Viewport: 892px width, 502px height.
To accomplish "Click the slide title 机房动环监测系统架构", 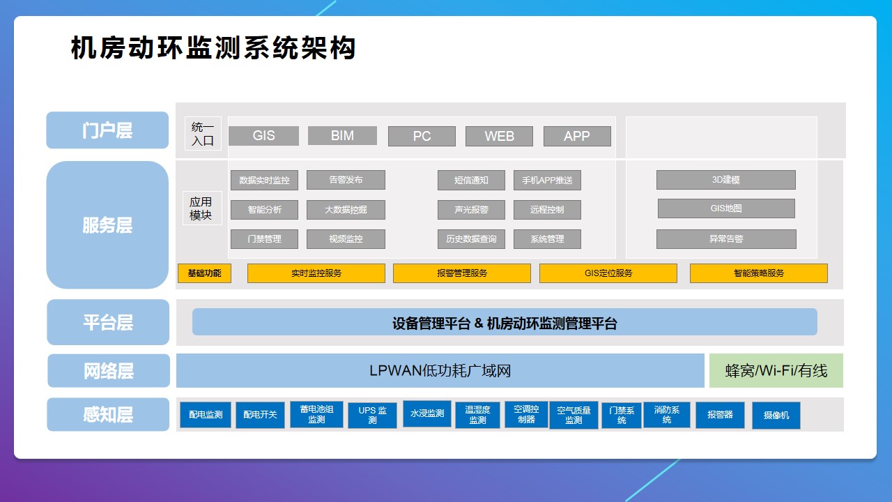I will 213,48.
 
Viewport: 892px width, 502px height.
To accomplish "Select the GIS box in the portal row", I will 263,136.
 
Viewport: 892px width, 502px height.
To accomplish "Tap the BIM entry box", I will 342,136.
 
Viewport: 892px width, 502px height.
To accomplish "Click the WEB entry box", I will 499,137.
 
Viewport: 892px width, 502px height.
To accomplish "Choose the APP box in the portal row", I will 577,137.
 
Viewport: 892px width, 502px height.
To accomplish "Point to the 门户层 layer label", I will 107,130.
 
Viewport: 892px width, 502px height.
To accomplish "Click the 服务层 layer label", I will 107,225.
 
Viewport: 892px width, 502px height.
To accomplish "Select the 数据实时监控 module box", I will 264,180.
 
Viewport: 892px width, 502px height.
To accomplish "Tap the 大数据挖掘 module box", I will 346,209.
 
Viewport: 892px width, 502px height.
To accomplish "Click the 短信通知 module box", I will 471,180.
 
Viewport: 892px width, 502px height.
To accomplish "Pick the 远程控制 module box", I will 547,209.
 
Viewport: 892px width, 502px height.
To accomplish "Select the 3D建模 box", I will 725,180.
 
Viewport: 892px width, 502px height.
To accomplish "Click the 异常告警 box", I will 726,239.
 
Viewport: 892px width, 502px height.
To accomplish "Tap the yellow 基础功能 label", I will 204,273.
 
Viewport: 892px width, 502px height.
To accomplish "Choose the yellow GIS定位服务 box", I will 608,273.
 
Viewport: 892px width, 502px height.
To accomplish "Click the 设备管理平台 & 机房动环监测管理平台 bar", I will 505,323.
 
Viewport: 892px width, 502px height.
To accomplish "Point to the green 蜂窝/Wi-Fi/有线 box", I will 776,371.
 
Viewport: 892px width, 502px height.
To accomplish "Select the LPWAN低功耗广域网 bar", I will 440,371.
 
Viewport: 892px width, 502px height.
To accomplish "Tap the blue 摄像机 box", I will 776,415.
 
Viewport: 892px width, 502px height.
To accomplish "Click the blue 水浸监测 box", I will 426,413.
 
